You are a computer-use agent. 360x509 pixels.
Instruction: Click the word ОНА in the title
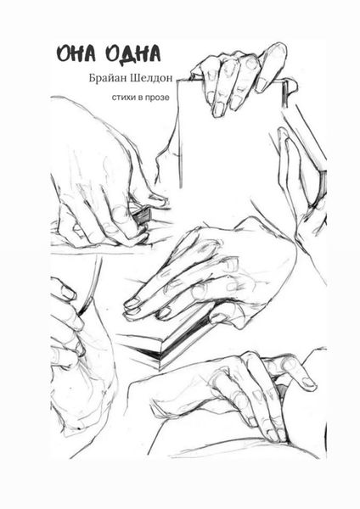coord(76,54)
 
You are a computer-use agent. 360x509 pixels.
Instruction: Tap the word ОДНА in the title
coord(134,54)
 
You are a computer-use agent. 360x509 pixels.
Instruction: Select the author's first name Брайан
coord(107,78)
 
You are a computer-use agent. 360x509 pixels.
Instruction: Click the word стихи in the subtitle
coord(122,98)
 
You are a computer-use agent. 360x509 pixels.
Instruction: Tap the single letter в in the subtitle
coord(138,98)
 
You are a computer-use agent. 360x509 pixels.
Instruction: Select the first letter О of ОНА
coord(63,54)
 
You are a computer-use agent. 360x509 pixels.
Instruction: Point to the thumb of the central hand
coord(224,316)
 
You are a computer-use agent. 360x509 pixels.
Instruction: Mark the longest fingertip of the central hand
coord(132,304)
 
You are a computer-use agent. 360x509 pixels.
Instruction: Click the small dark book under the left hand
coord(143,215)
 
